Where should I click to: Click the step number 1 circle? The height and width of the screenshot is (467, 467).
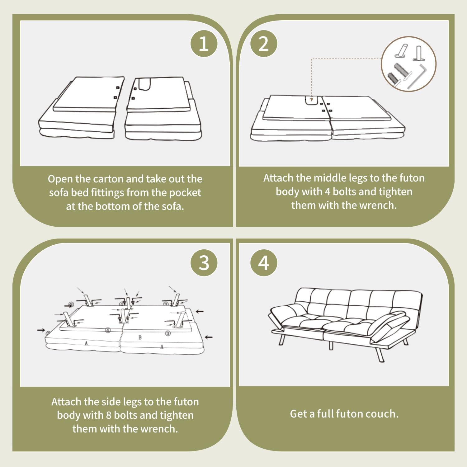[x=204, y=44]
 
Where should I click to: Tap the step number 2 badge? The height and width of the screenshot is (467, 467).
[x=263, y=44]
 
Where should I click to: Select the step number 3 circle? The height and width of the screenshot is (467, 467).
[x=204, y=263]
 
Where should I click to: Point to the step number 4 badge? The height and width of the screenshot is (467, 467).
[x=263, y=263]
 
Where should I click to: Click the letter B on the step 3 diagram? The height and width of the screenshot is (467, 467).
[x=140, y=337]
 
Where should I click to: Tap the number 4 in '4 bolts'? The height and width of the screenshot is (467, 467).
[x=327, y=192]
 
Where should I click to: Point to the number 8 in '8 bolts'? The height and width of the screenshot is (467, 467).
[x=108, y=415]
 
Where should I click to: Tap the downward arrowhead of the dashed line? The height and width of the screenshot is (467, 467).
[x=312, y=99]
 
